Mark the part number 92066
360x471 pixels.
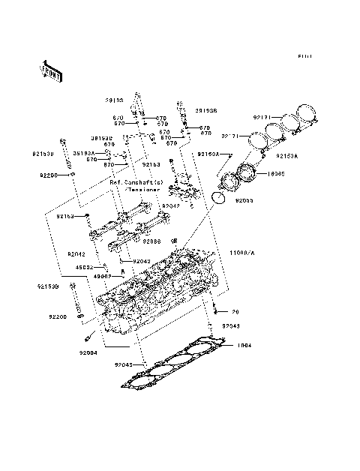(152, 241)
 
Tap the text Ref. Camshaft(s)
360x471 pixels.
(136, 182)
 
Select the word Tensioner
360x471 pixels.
(145, 190)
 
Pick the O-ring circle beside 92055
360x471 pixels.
(217, 198)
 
